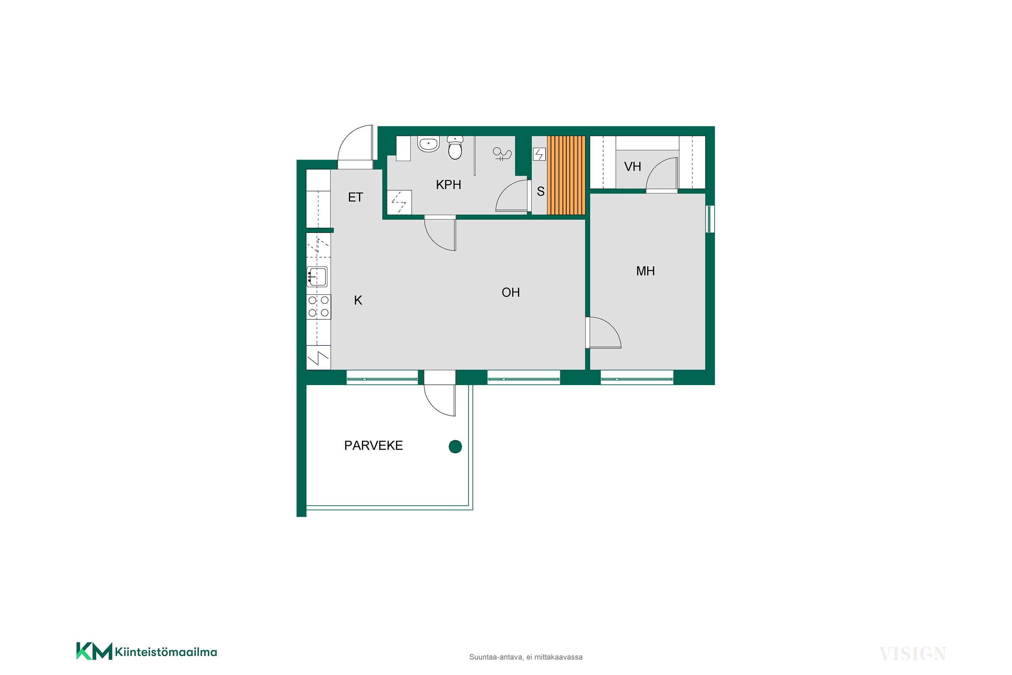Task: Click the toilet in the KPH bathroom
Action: point(455,148)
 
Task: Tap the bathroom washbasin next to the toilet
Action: point(428,144)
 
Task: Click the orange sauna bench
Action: point(566,175)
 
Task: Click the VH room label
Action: point(632,167)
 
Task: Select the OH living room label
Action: point(511,293)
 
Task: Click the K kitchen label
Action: point(358,300)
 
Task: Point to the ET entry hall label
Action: point(356,197)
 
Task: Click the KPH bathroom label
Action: point(448,185)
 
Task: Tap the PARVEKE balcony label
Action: point(373,446)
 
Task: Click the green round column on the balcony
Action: point(455,447)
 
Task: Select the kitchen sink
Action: point(317,277)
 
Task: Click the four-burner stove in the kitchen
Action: point(319,306)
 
